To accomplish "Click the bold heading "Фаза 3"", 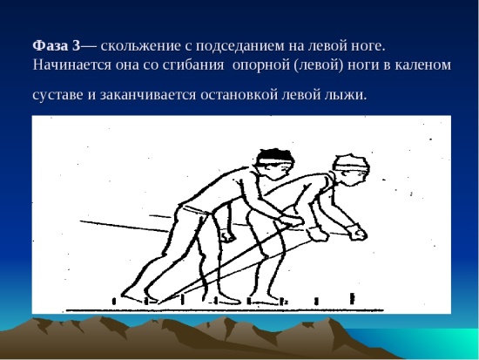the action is (57, 46).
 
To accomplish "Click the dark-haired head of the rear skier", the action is (274, 164).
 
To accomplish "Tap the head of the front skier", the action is (351, 170).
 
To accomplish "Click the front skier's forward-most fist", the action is (358, 233).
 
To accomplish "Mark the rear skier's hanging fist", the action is (228, 236).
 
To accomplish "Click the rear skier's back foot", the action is (133, 296).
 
